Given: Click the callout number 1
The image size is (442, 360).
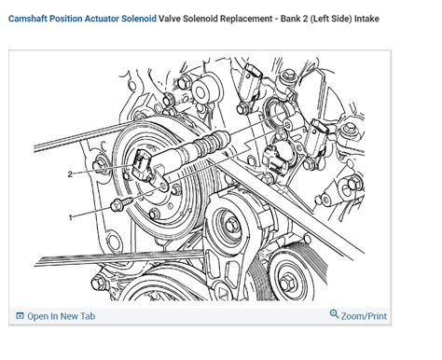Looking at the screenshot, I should point(69,216).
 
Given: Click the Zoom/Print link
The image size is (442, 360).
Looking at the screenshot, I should point(364,316).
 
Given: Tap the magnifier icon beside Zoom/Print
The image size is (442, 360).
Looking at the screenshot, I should point(335,315).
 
